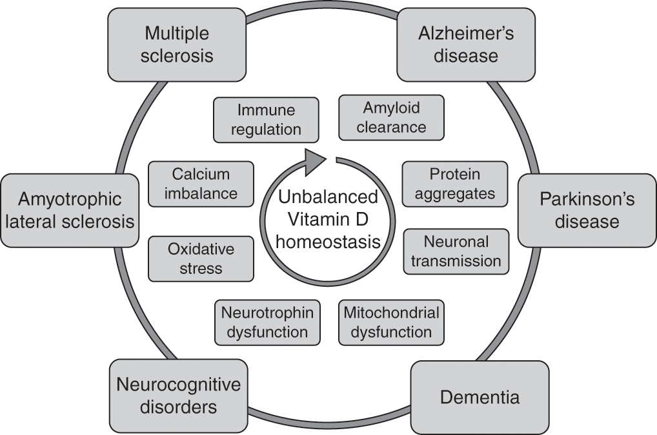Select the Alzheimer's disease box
(465, 44)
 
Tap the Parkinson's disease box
(587, 210)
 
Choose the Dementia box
(480, 397)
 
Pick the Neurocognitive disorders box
(178, 396)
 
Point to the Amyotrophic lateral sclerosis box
(70, 210)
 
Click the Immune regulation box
(266, 119)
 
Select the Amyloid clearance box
(391, 117)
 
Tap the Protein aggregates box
(454, 184)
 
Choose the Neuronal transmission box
(456, 251)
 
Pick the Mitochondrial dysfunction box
(391, 322)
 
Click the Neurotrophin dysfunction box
(267, 322)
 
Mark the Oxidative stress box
(201, 258)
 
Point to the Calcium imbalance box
(201, 184)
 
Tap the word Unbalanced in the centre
(328, 197)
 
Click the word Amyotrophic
(70, 200)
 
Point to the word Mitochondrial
(391, 313)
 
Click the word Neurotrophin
(267, 313)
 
